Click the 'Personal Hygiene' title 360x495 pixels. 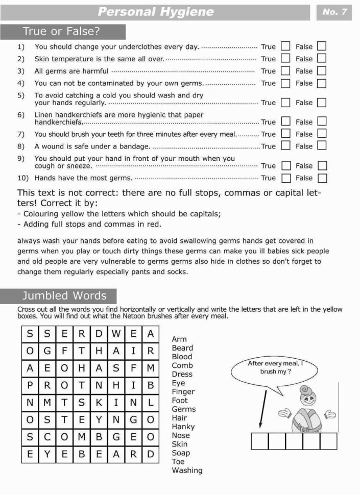(x=155, y=12)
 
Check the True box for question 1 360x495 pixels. (x=285, y=46)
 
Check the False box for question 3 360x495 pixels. (x=321, y=71)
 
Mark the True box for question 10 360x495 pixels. (x=286, y=178)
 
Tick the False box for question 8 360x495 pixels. (x=321, y=146)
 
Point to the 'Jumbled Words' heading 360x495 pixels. (x=64, y=296)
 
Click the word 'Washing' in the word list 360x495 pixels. (x=187, y=471)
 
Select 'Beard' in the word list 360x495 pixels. (x=182, y=348)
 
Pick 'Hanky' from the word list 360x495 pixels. (x=183, y=427)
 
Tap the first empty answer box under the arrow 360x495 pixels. (x=260, y=441)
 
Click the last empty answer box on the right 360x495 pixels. (x=328, y=441)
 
